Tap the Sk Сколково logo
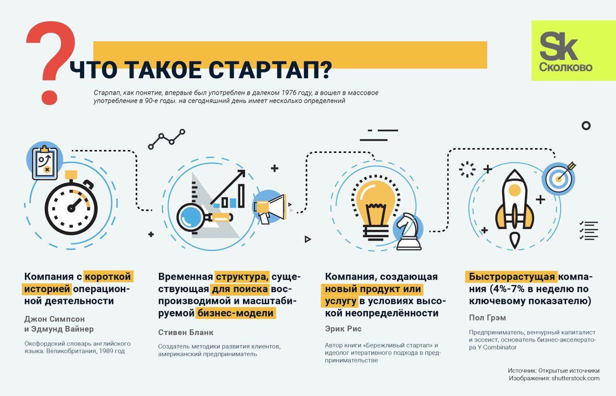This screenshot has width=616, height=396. [573, 51]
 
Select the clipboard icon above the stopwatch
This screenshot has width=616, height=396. [45, 163]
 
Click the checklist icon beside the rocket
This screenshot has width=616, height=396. [589, 230]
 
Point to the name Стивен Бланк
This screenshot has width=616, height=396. [186, 332]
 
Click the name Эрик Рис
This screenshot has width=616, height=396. [343, 329]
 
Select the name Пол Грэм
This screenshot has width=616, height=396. [488, 318]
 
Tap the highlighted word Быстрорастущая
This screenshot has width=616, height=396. [512, 277]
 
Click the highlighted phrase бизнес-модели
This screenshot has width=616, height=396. [236, 313]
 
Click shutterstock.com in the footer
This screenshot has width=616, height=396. [575, 378]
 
